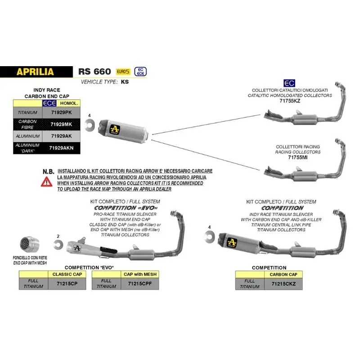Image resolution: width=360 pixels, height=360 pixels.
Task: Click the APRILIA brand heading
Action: point(35,72)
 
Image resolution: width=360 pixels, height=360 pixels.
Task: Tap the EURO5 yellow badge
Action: point(121,72)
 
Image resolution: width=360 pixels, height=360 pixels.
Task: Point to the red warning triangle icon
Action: point(46,182)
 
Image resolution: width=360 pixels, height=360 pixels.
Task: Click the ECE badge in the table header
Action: point(48,103)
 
